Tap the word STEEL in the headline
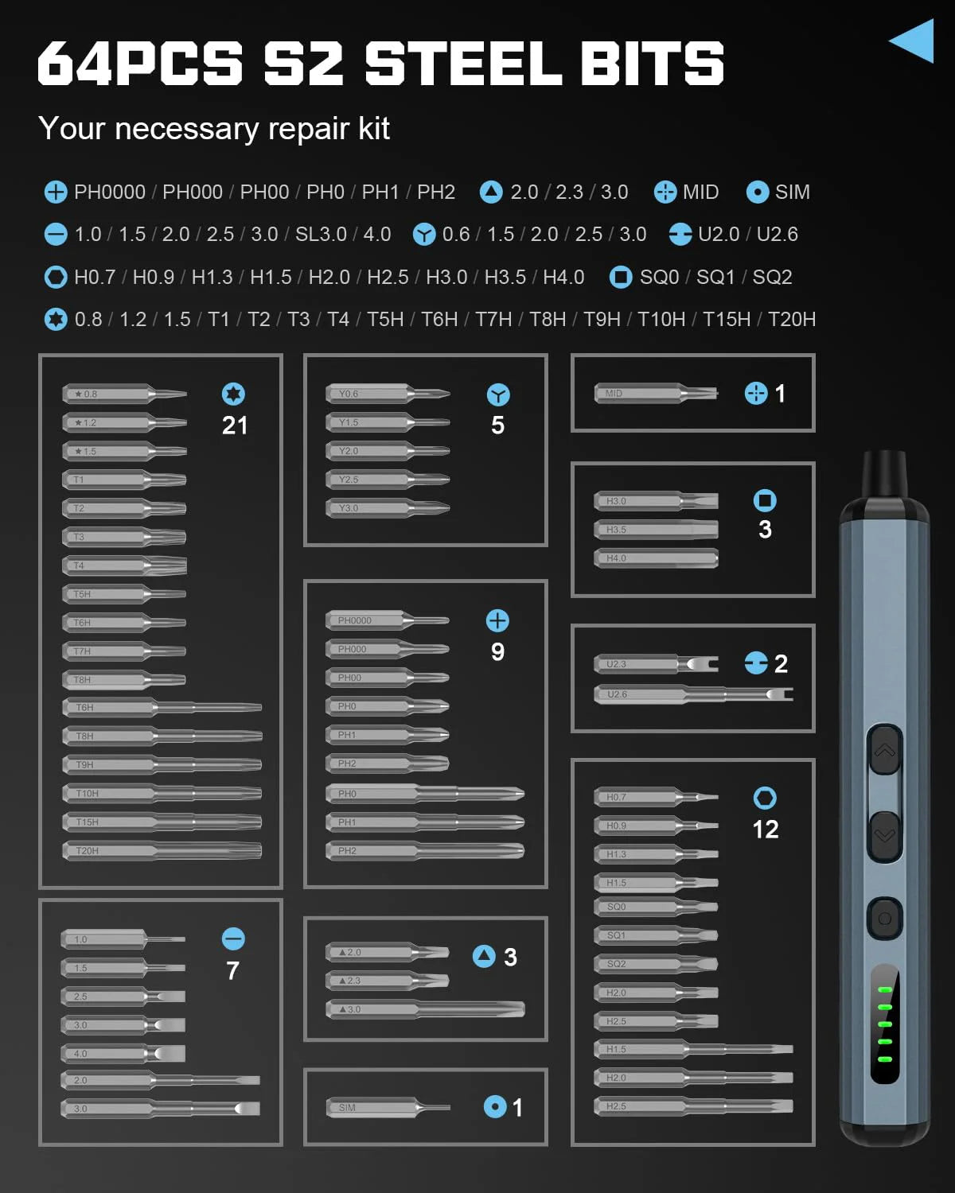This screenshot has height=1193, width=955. (x=463, y=64)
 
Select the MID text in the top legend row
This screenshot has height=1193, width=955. (x=700, y=192)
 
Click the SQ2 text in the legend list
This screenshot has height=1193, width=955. (x=772, y=278)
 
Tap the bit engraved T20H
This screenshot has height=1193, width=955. (x=162, y=851)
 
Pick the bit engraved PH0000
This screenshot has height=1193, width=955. (x=387, y=620)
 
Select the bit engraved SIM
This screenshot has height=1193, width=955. (x=388, y=1107)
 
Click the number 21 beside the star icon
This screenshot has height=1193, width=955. (x=234, y=426)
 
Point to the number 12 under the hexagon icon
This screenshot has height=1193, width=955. (x=765, y=830)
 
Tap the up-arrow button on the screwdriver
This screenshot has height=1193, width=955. (x=885, y=750)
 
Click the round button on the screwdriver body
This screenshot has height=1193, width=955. (x=884, y=919)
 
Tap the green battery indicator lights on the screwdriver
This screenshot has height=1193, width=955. (x=884, y=1024)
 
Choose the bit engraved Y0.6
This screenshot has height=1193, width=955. (x=388, y=394)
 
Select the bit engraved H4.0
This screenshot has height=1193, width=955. (x=656, y=558)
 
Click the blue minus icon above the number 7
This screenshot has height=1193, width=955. (x=233, y=939)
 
